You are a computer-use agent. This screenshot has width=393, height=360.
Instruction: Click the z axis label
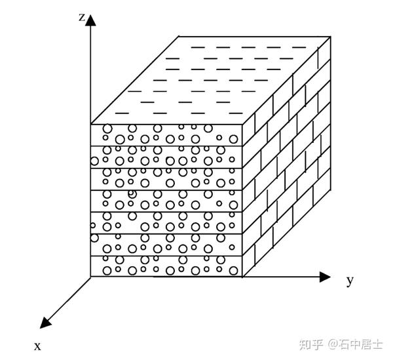[x=81, y=17]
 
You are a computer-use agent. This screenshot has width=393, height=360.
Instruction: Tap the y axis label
[x=350, y=281]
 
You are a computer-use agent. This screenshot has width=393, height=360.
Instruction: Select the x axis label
[x=37, y=345]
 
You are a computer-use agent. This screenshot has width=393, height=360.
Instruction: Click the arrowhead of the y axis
[x=324, y=277]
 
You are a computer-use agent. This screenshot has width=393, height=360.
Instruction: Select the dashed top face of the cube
[x=210, y=79]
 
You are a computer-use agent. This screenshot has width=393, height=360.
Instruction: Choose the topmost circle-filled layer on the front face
[x=167, y=134]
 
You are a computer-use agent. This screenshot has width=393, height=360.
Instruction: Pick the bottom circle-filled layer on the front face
[x=167, y=266]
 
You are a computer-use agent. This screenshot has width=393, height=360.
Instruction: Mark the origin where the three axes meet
[x=91, y=277]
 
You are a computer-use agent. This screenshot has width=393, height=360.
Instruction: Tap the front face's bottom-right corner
[x=243, y=277]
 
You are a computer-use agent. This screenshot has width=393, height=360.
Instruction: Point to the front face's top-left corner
[x=91, y=123]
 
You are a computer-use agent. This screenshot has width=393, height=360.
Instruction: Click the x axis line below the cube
[x=69, y=298]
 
